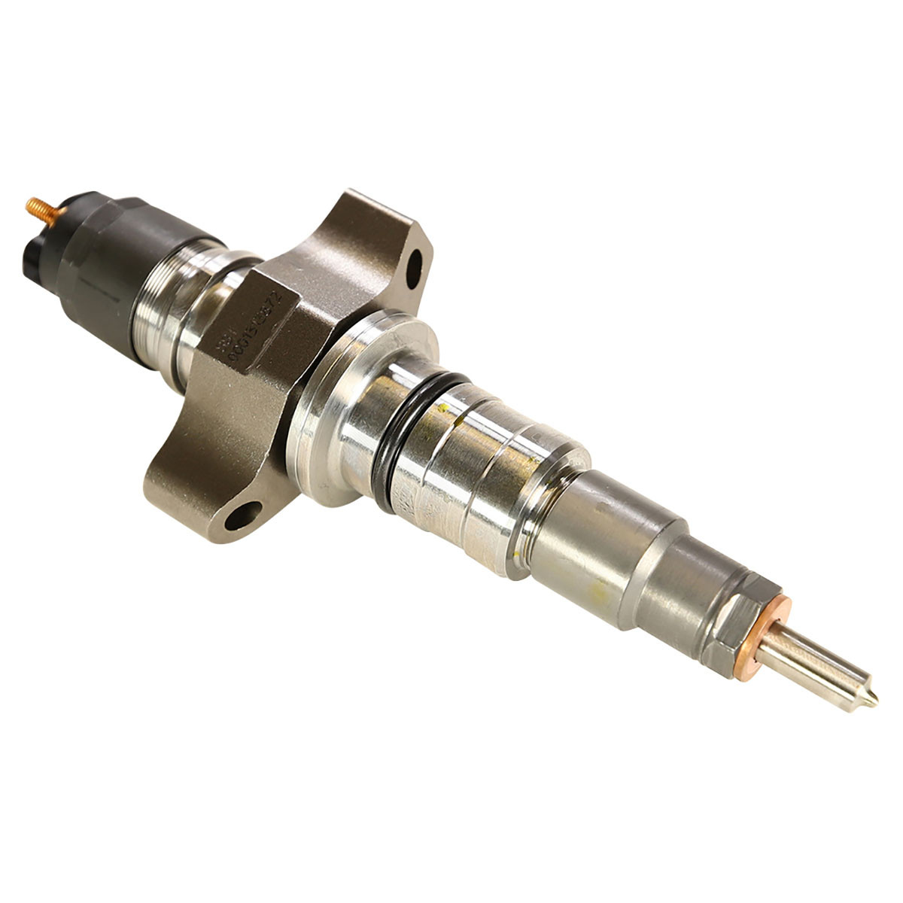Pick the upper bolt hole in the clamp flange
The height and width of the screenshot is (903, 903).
point(415,273)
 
